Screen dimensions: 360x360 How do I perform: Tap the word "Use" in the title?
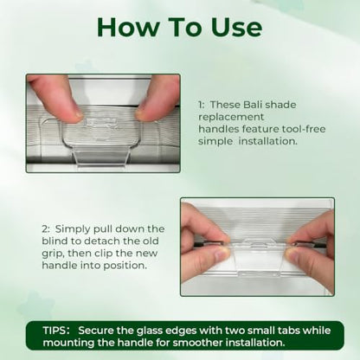coord(236,27)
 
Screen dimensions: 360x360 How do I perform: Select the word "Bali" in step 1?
coord(253,105)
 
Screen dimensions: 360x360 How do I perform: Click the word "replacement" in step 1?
coord(231,117)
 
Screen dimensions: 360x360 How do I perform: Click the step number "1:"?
coord(201,105)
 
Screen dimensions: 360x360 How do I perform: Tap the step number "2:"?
coord(46,228)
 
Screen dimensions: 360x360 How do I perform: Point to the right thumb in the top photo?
coord(157,98)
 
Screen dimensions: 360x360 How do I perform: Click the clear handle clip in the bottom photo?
coord(259,258)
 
